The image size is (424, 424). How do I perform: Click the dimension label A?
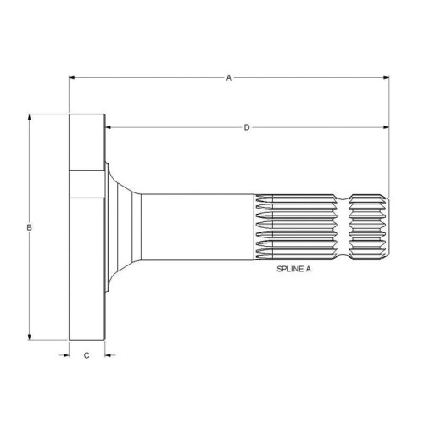point(229,78)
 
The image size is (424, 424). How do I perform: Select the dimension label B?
point(29,227)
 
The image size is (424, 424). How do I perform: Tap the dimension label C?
point(86,355)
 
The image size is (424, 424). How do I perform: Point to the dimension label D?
point(247,127)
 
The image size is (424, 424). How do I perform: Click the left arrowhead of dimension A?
point(72,77)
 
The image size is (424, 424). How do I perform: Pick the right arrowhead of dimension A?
point(386,77)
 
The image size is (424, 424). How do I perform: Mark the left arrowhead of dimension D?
point(108,127)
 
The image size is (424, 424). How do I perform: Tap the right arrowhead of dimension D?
point(386,127)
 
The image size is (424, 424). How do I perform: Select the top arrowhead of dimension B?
point(29,117)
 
